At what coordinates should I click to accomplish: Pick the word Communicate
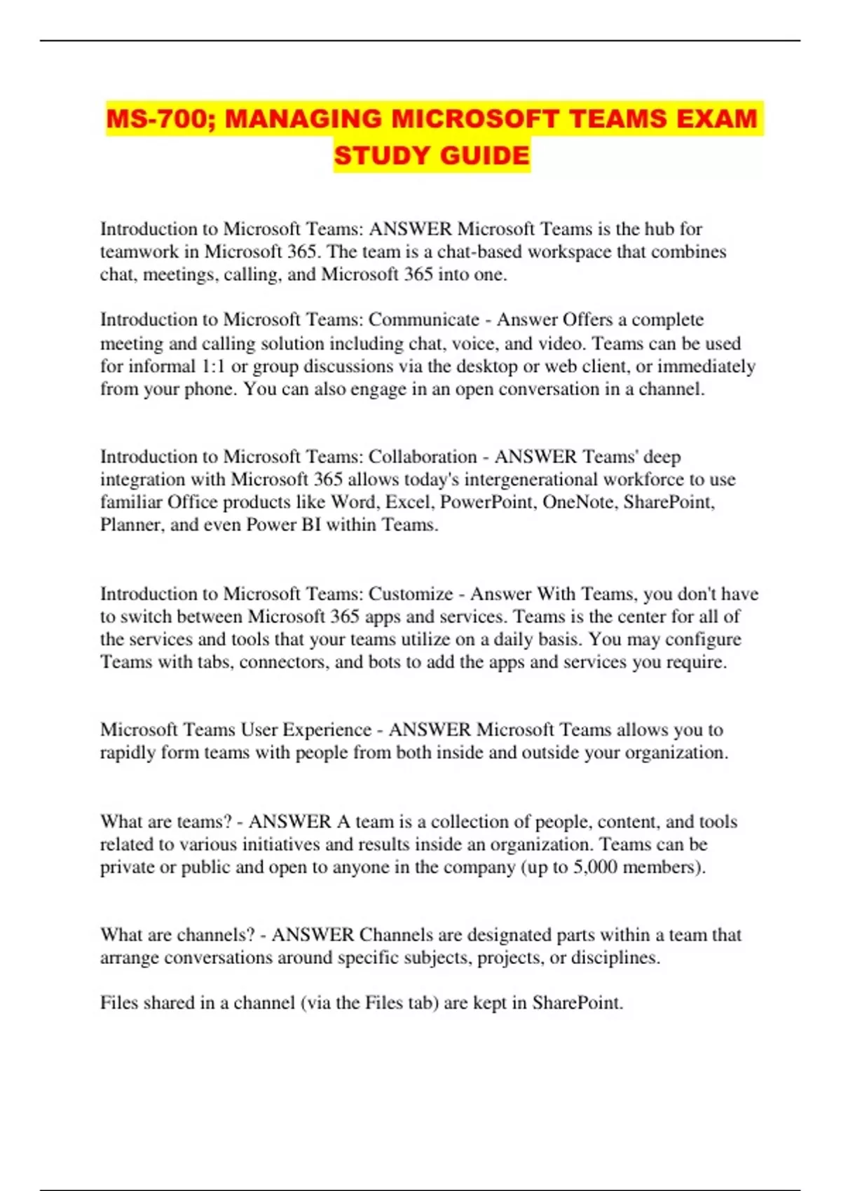[x=424, y=319]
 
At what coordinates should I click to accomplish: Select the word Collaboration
[x=423, y=457]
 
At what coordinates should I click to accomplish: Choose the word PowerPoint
[x=488, y=502]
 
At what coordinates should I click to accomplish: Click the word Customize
[x=411, y=594]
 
